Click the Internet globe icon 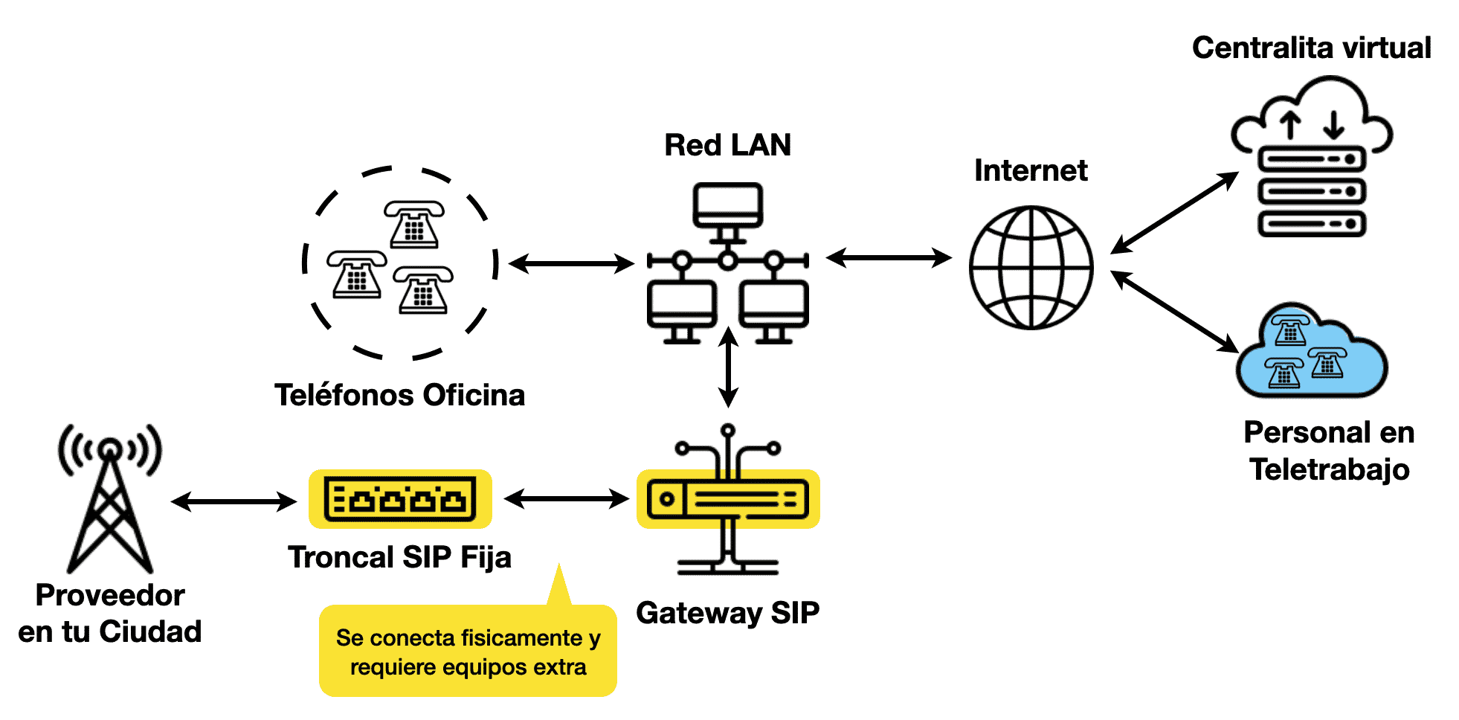(x=1031, y=268)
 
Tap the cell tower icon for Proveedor (x=110, y=498)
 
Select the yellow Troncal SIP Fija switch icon (x=400, y=499)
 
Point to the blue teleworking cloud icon (x=1311, y=350)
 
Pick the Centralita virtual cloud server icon (x=1312, y=156)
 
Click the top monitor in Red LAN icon (x=728, y=206)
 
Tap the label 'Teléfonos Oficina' (x=400, y=395)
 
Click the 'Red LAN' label (x=728, y=145)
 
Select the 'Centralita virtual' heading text (x=1312, y=48)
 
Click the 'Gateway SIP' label (x=728, y=614)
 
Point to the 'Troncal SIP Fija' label (x=400, y=558)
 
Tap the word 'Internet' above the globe (x=1031, y=170)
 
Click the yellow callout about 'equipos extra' (x=468, y=651)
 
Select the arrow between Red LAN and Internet (x=889, y=258)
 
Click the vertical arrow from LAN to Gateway (x=729, y=367)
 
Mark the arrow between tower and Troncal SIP (x=234, y=501)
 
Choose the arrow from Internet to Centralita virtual (x=1174, y=213)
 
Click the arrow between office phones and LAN (x=571, y=263)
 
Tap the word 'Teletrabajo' (x=1330, y=470)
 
